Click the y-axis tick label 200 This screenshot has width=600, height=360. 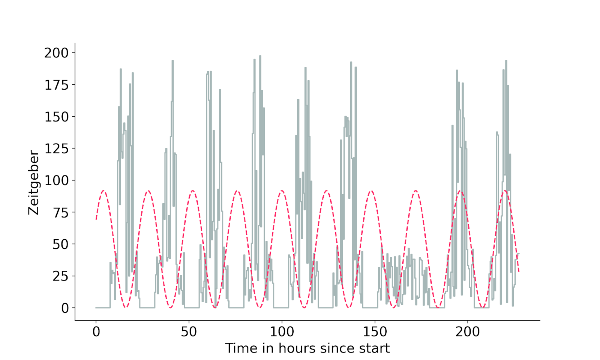point(57,53)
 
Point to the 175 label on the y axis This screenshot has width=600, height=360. point(57,85)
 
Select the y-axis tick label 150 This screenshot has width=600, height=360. point(57,117)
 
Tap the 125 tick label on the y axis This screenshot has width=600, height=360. point(57,149)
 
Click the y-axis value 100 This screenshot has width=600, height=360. point(57,181)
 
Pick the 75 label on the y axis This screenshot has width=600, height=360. point(61,213)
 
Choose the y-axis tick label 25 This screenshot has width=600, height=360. point(61,276)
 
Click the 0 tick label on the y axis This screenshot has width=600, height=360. point(65,308)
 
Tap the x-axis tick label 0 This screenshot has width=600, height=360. point(96,331)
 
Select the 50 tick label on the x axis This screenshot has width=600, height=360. point(189,331)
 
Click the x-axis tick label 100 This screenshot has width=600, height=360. point(282,331)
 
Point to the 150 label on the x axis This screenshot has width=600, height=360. point(375,331)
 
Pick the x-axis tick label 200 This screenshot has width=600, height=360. point(468,331)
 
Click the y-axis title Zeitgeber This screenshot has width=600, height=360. point(34,183)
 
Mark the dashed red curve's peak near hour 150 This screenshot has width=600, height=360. point(371,191)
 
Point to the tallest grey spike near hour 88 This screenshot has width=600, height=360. point(260,56)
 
